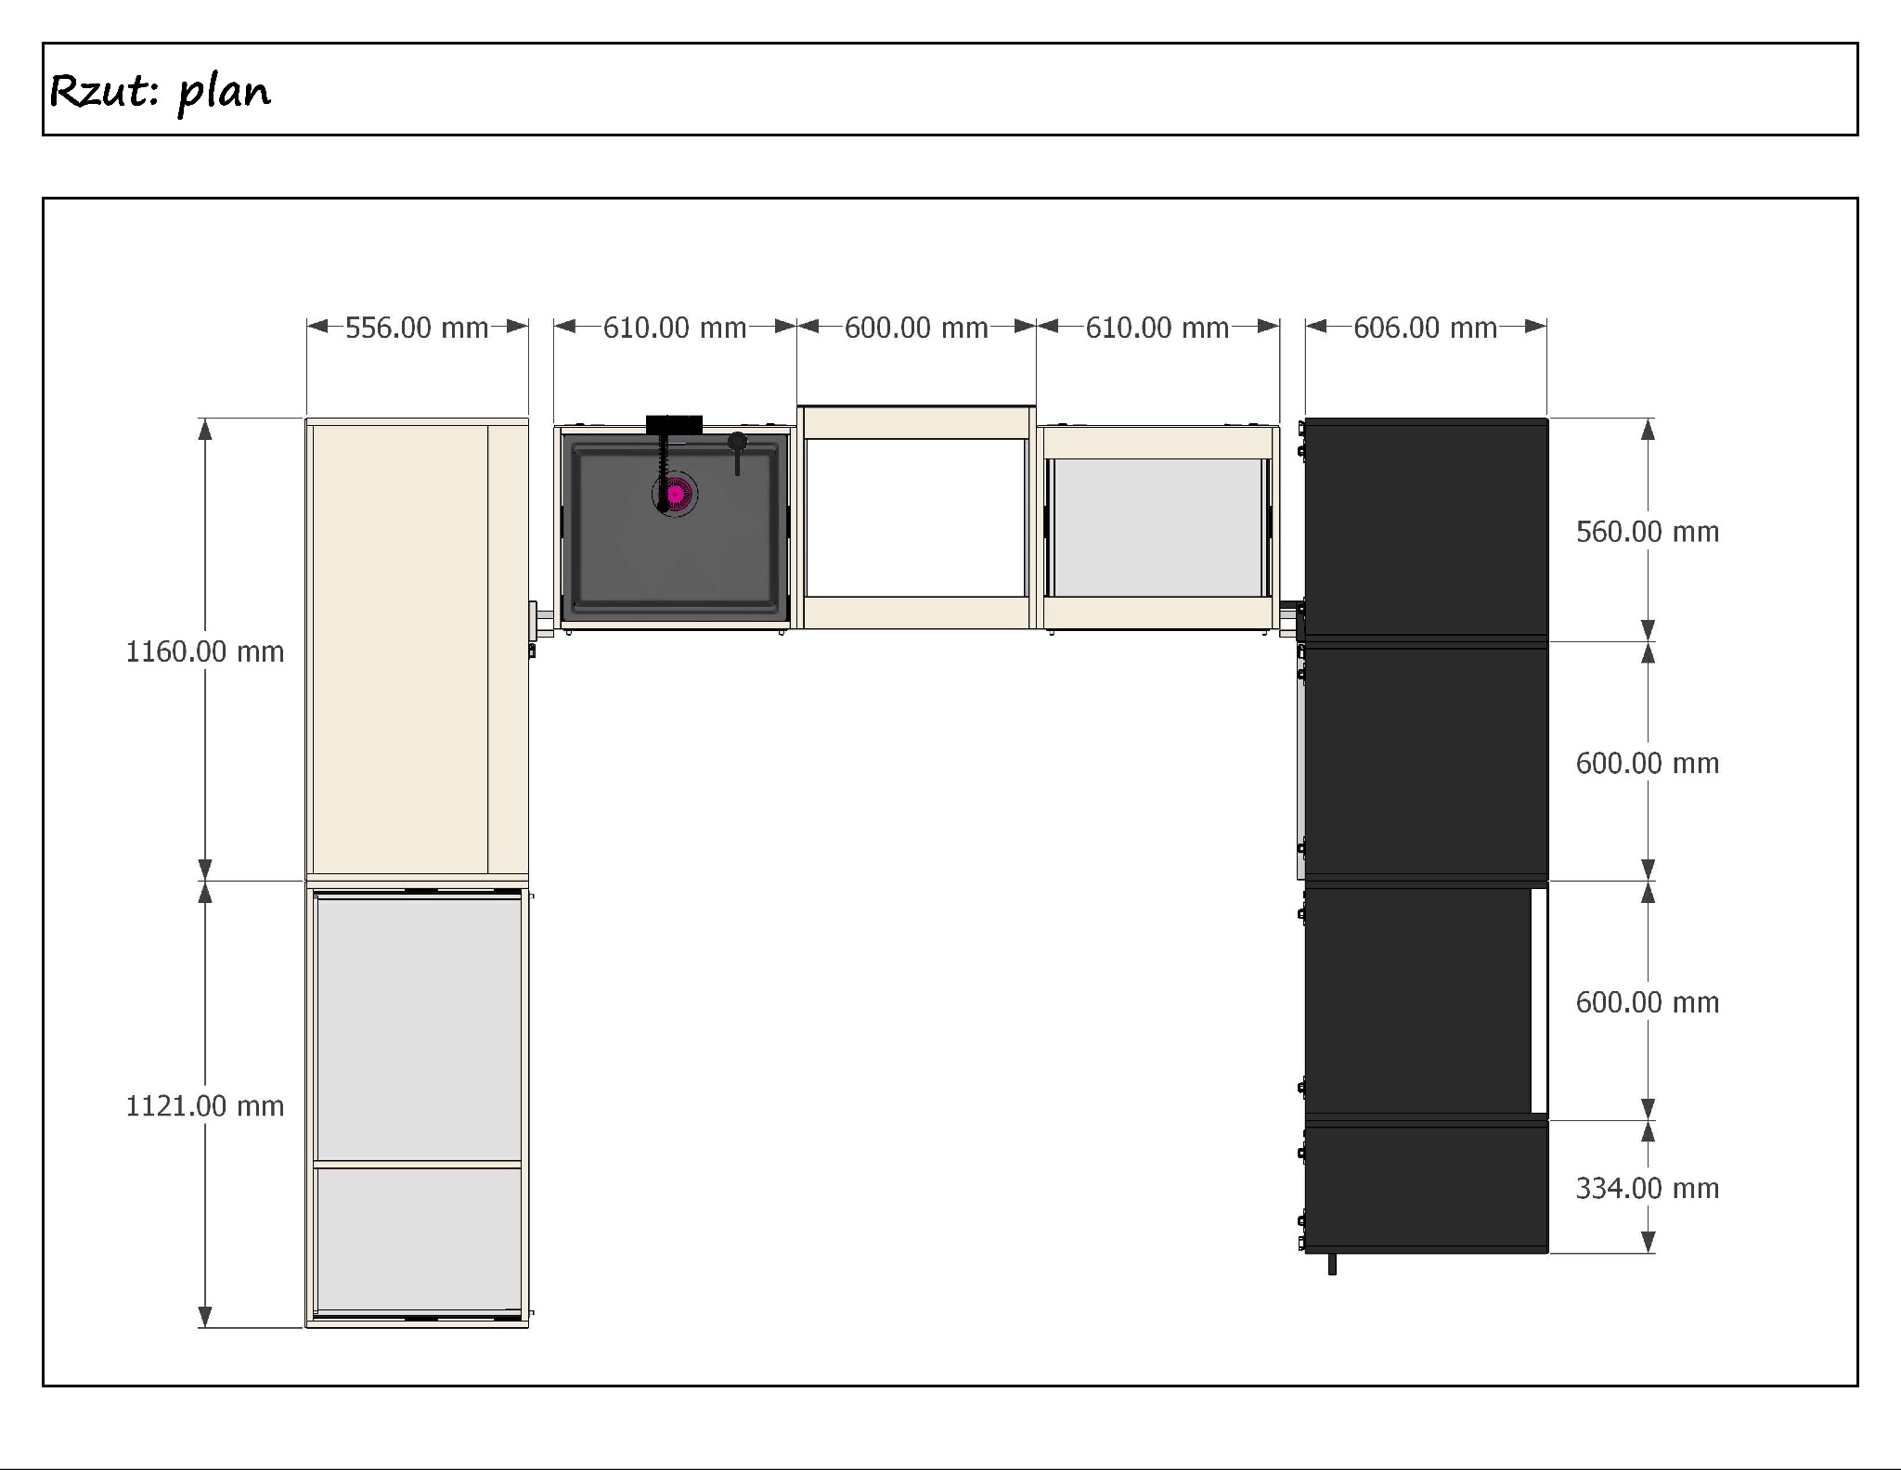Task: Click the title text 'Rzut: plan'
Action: [160, 92]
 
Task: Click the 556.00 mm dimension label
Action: [417, 328]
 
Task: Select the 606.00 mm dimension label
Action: [1425, 328]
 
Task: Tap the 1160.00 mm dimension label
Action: [205, 651]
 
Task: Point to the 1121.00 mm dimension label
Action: [205, 1105]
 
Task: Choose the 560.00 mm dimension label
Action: [1648, 532]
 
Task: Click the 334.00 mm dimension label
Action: [1648, 1188]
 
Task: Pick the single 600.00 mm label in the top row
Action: [916, 328]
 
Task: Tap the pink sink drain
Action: [676, 495]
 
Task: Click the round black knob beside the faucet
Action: [737, 442]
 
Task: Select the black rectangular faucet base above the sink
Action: [674, 424]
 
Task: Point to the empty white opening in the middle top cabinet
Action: [915, 518]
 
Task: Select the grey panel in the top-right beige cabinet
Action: [1157, 527]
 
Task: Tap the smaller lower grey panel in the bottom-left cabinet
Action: [418, 1238]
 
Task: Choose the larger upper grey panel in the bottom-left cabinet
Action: [419, 1028]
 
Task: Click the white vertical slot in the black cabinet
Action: [1539, 1000]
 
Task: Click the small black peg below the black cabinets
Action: [1332, 1264]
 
